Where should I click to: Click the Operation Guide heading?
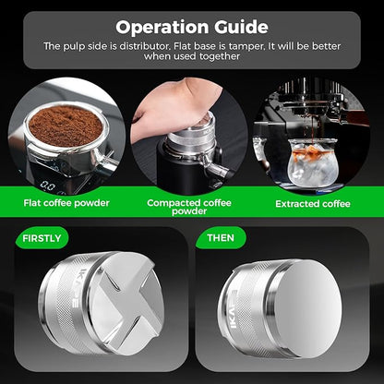(192, 27)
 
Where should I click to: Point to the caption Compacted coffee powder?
(191, 205)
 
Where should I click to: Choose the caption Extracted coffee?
(312, 201)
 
